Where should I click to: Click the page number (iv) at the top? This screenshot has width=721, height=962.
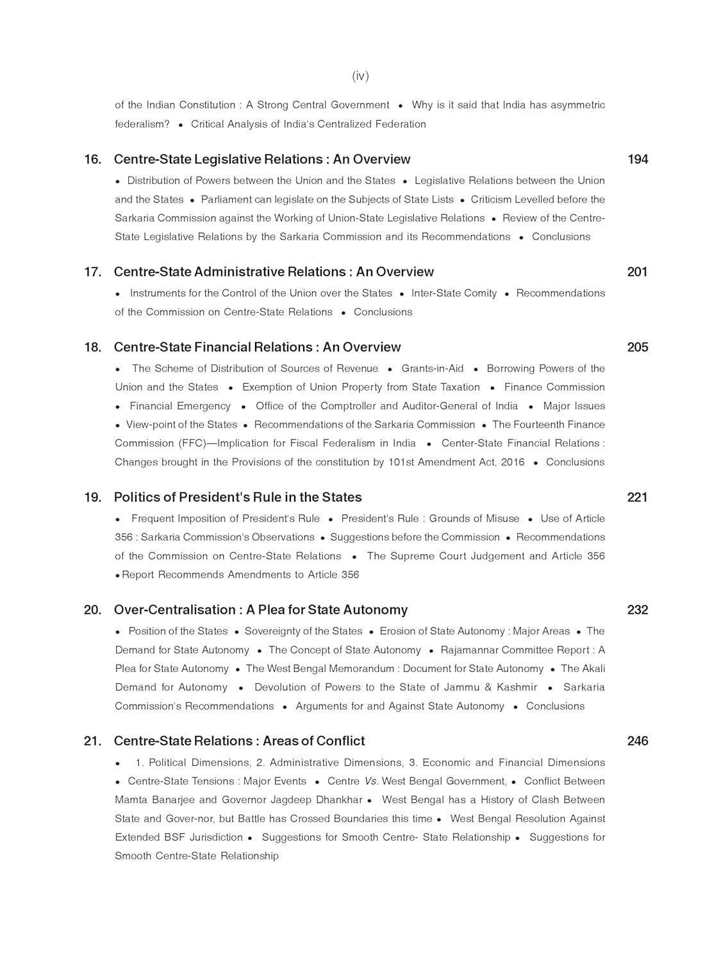(x=360, y=76)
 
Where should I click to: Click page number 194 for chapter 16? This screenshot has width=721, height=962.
(x=638, y=160)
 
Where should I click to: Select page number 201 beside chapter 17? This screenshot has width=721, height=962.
(x=638, y=272)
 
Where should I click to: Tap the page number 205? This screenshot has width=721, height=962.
(x=638, y=348)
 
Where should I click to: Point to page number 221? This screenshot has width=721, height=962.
(x=638, y=498)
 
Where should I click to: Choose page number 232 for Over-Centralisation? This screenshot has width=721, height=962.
(x=638, y=610)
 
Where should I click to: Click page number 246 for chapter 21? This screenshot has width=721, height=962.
(x=638, y=741)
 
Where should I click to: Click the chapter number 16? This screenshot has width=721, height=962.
(x=93, y=160)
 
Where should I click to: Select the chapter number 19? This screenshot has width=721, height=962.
(x=93, y=498)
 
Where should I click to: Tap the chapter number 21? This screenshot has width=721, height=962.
(x=93, y=741)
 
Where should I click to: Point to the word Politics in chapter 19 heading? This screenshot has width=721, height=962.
(x=136, y=498)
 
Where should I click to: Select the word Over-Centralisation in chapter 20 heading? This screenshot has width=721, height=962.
(x=178, y=610)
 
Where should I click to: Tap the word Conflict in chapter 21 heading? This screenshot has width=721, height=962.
(x=340, y=741)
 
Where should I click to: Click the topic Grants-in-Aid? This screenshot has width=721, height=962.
(x=433, y=369)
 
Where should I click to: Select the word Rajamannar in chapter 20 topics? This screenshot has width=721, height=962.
(x=469, y=650)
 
